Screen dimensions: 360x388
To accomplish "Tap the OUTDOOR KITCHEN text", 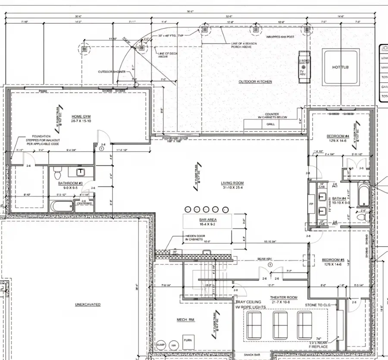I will coord(255,81).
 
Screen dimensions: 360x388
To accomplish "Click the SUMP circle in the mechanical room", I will coord(161,345).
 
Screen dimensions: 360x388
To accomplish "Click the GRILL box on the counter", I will coord(271,124).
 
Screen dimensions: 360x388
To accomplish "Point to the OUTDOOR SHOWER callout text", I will coord(111,72).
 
